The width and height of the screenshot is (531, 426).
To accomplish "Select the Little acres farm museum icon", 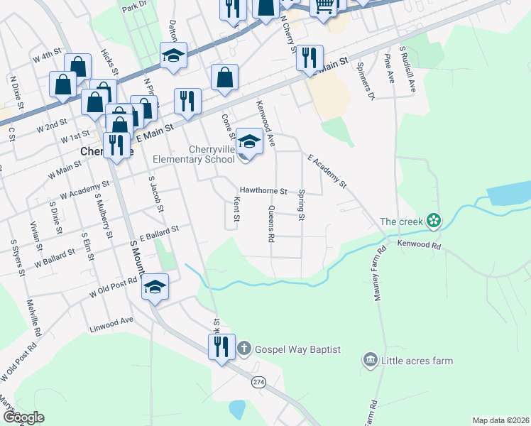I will (369, 361).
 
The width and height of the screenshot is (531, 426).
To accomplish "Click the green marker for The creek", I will (432, 222).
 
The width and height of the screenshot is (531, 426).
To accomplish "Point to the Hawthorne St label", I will (263, 191).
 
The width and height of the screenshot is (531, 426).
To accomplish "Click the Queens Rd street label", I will (270, 224).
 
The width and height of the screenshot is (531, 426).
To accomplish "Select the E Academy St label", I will (327, 172).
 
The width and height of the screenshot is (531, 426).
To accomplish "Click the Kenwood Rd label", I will (420, 244).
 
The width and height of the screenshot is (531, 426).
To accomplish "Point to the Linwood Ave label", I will (111, 320).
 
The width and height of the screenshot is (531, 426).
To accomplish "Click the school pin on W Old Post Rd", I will (154, 288).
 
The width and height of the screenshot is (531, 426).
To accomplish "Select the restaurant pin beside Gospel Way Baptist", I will (221, 348).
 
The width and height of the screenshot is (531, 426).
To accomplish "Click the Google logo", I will (23, 417).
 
